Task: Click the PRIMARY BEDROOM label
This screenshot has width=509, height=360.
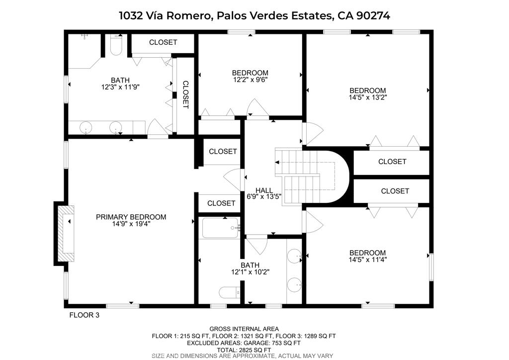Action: click(131, 217)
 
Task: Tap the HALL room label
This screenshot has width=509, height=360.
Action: click(264, 190)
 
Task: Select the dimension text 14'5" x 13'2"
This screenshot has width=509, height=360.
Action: click(368, 97)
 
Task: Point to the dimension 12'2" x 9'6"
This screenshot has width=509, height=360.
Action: click(250, 79)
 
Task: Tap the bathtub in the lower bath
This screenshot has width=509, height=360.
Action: click(220, 228)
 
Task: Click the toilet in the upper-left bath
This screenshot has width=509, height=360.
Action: click(115, 45)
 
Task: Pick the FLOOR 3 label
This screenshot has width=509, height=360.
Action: click(85, 315)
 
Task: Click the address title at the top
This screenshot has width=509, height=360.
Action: click(254, 15)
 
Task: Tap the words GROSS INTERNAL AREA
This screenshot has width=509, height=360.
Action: click(244, 329)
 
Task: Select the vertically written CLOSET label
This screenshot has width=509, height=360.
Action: click(185, 95)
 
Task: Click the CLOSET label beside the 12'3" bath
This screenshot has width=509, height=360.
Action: click(163, 42)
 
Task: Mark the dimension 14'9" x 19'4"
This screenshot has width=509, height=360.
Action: click(131, 224)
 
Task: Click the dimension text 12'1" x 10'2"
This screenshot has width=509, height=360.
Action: click(251, 271)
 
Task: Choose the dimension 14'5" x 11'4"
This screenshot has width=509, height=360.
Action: click(368, 260)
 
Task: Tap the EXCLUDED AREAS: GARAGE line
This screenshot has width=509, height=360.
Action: click(244, 343)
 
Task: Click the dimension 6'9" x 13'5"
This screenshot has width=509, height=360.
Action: click(264, 196)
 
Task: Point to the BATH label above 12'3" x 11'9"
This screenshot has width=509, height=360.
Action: click(120, 80)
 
